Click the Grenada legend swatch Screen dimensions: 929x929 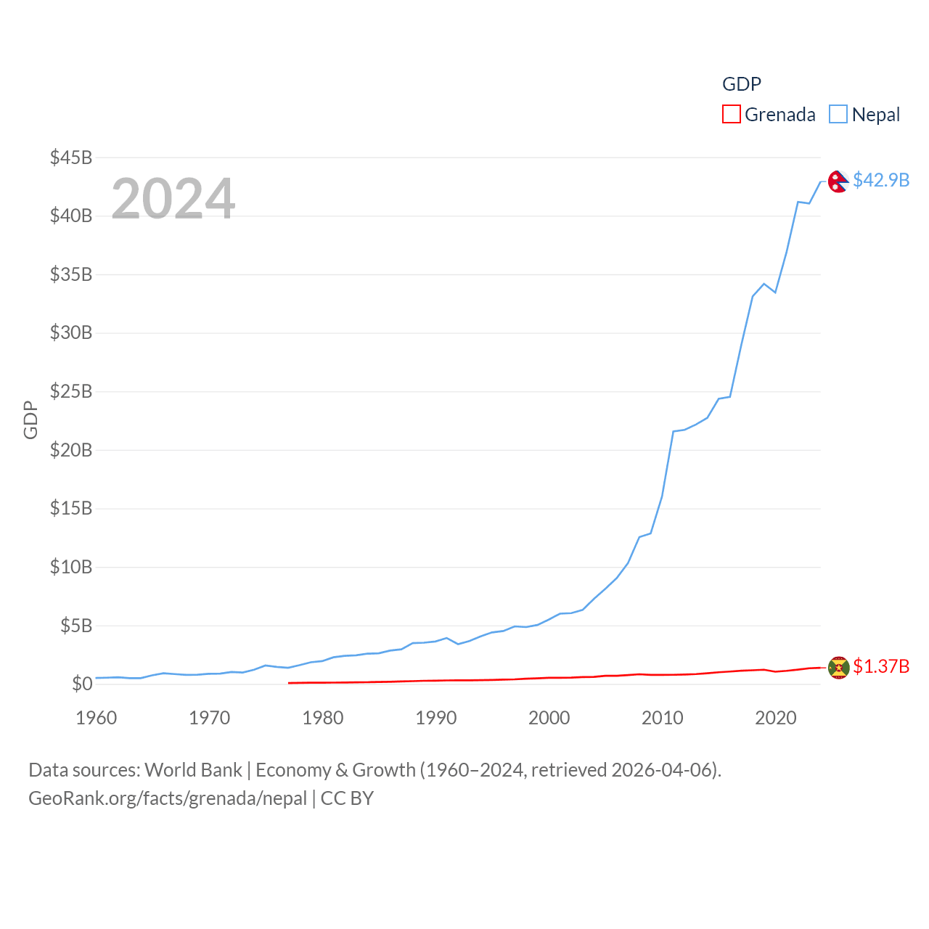click(732, 115)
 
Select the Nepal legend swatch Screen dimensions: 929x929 click(838, 115)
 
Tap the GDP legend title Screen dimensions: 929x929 click(741, 84)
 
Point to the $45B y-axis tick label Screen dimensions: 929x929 click(70, 157)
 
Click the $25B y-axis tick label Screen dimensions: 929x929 click(70, 392)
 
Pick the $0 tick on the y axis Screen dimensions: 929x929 click(82, 684)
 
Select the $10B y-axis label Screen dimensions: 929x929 click(70, 567)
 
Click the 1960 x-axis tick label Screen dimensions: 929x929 click(97, 719)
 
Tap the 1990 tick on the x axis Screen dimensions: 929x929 click(436, 719)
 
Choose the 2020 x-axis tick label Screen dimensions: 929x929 click(776, 719)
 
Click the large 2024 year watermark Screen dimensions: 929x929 click(173, 199)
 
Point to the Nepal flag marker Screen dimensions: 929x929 click(838, 181)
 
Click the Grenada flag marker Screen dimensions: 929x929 click(838, 667)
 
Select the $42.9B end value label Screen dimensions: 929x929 click(881, 180)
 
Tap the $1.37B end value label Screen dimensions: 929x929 click(881, 666)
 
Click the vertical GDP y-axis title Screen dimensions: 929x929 click(30, 420)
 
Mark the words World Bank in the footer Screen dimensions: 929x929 click(193, 770)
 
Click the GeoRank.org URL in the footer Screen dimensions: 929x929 click(168, 798)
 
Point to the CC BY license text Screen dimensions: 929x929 click(347, 798)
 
